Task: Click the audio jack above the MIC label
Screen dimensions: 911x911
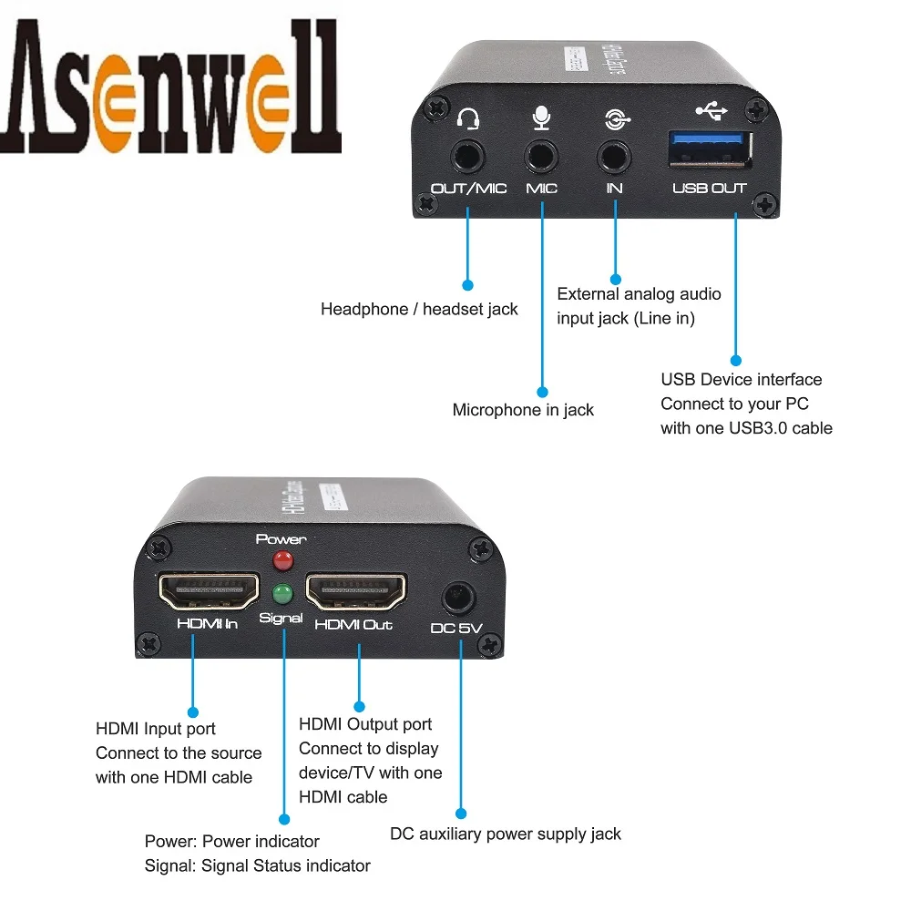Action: point(542,156)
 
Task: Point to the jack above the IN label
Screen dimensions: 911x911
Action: point(615,155)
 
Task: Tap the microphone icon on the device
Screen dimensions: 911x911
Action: point(542,118)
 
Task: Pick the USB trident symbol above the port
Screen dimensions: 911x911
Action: point(711,111)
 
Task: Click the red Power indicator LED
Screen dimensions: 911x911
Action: point(283,558)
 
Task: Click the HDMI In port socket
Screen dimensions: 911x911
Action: point(209,593)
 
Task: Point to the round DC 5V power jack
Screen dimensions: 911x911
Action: point(458,599)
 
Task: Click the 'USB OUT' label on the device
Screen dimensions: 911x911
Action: point(709,189)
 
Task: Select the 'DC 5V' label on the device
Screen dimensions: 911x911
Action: point(455,628)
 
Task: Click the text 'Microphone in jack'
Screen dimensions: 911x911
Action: point(523,410)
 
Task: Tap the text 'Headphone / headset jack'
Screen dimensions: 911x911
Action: point(419,310)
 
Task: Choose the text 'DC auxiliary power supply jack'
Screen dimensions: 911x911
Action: point(506,834)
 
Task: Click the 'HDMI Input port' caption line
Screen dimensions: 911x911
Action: point(156,729)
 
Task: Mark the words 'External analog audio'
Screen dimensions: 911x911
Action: point(639,293)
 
